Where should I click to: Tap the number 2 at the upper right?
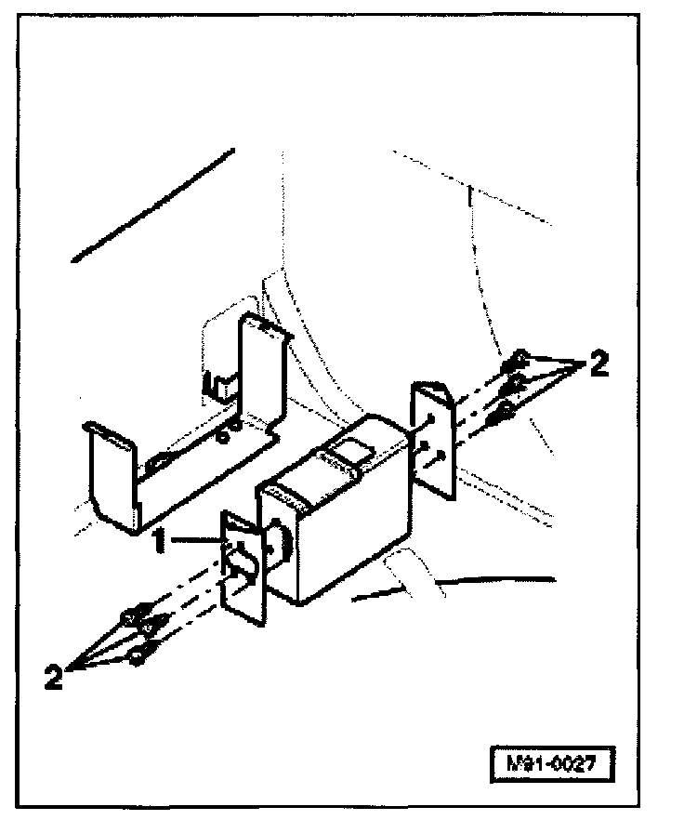coord(599,364)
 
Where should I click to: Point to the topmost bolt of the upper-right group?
coord(521,357)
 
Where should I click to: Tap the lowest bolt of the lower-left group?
coord(138,656)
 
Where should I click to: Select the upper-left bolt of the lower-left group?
coord(129,616)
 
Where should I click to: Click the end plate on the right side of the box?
coord(432,437)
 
